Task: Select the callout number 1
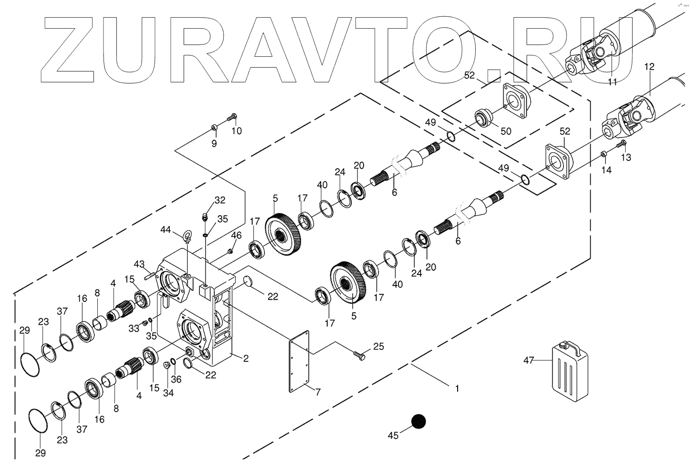pos(457,389)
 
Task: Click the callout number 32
pos(220,200)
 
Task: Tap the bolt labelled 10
pos(232,116)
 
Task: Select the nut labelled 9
pos(214,127)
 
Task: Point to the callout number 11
pos(613,82)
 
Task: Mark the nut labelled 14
pos(604,154)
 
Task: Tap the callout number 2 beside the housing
pos(246,359)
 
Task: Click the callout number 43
pos(139,264)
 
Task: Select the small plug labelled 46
pos(230,251)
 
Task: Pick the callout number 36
pos(176,379)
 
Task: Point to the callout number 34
pos(168,393)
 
